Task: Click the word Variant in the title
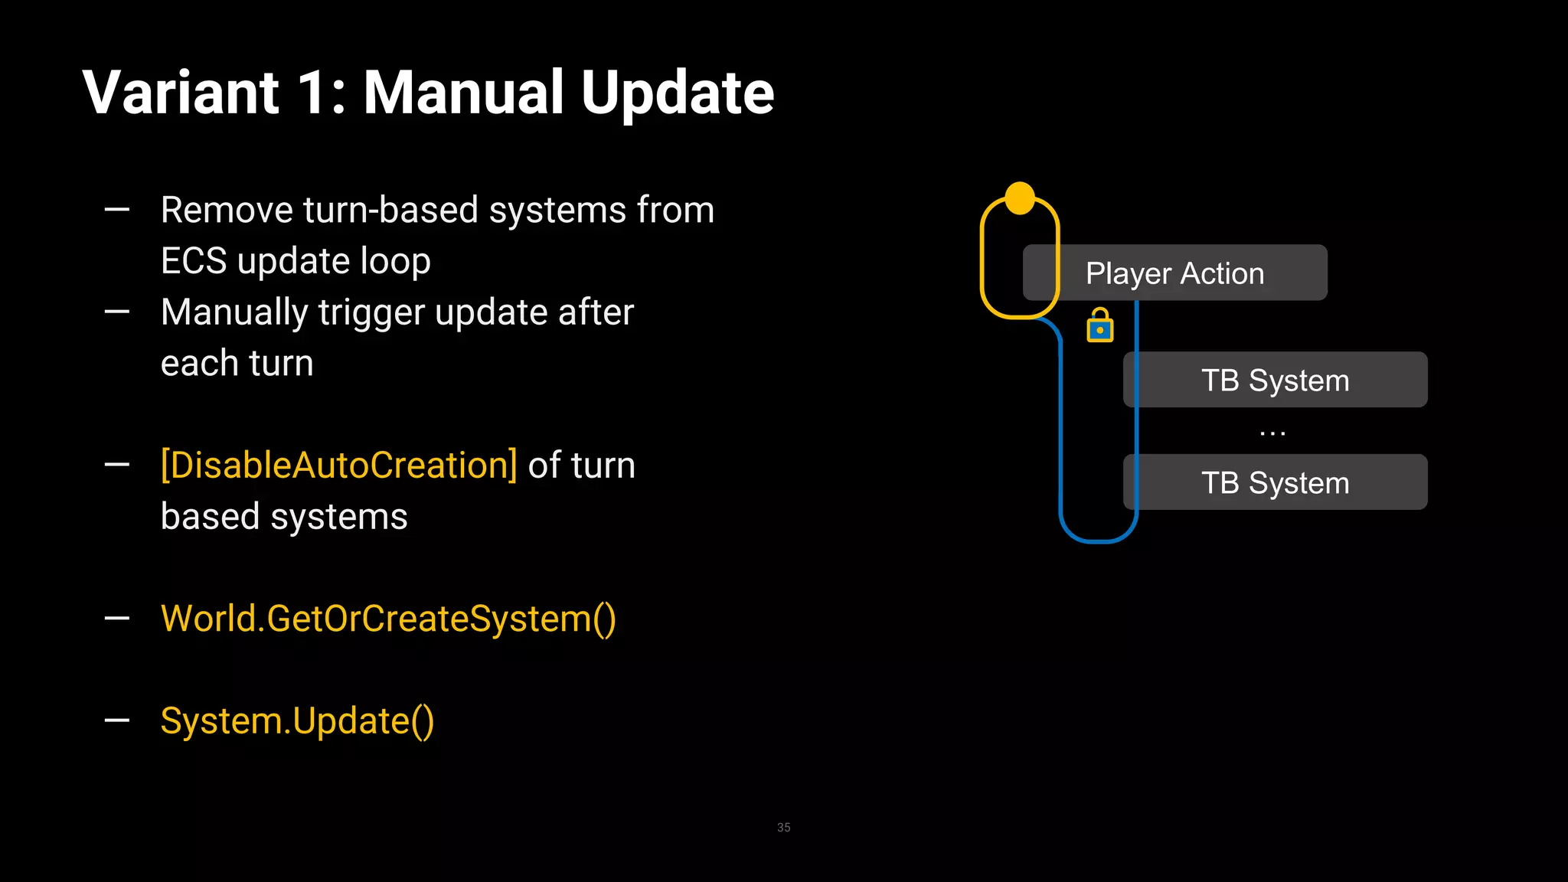(181, 93)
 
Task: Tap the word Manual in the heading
(463, 93)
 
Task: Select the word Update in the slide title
(678, 94)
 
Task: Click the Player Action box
(1174, 273)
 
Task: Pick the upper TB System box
(1275, 380)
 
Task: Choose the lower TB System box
(1275, 482)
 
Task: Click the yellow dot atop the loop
(1020, 198)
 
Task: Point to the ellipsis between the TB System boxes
(1272, 433)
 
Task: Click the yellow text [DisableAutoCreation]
(338, 465)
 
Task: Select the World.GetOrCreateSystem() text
(388, 619)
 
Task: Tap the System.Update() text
(297, 721)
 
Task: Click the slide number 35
(783, 828)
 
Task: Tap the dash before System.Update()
(116, 720)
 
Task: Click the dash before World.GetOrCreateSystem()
(116, 618)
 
